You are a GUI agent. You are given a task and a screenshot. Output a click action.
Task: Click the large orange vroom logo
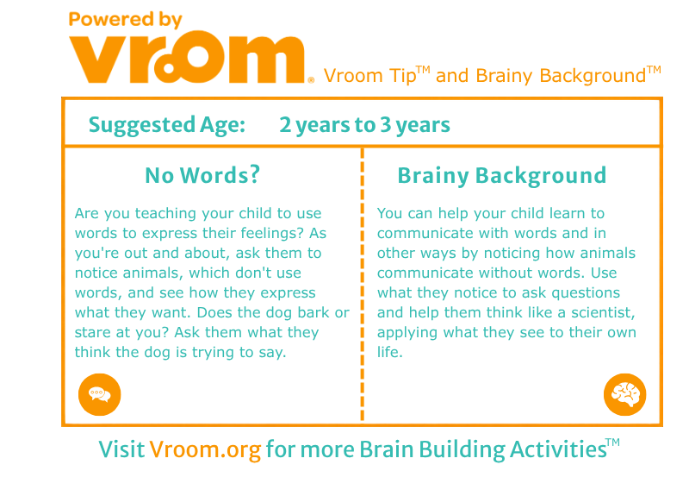coord(187,57)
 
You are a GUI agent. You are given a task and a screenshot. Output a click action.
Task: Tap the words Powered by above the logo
coord(125,20)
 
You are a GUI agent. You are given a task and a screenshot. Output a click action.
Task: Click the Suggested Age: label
coord(167,125)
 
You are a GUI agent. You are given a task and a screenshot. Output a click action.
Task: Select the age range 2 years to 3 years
coord(364,125)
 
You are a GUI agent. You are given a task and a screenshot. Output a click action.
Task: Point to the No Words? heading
coord(202,175)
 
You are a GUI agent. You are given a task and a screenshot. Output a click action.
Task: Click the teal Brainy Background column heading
coord(502,176)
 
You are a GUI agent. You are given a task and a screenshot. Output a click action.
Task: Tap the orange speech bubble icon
coord(100,394)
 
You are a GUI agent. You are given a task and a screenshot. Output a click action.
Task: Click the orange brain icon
coord(625,394)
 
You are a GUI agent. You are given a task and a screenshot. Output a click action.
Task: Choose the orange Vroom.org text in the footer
coord(205,449)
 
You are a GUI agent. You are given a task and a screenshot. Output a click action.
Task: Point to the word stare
coord(93,332)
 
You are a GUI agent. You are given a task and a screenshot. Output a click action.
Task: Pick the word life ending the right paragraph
coord(390,352)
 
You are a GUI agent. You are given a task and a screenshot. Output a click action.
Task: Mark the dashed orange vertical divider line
coord(362,285)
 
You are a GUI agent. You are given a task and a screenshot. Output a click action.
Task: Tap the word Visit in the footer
coord(121,449)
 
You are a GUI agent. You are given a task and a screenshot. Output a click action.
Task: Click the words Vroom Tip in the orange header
coord(370,76)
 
